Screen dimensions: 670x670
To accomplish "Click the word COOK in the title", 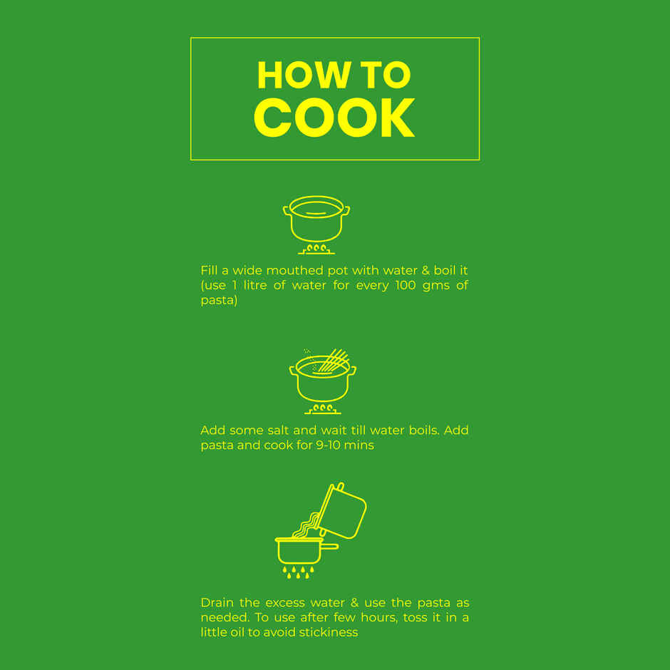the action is (334, 118).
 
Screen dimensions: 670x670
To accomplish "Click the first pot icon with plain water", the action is (316, 220).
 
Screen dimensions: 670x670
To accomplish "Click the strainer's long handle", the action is (330, 547).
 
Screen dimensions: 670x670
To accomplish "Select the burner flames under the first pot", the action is (316, 249).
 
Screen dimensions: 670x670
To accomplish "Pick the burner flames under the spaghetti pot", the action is (323, 409).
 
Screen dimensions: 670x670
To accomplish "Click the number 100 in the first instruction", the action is (406, 285).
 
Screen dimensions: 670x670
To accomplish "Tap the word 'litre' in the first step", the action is (255, 285).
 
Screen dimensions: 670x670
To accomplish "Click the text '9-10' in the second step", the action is (328, 445).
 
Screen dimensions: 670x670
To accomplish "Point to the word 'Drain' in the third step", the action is (217, 603).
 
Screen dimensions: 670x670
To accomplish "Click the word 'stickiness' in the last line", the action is (328, 632).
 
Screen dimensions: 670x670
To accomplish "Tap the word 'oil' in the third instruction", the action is (237, 632).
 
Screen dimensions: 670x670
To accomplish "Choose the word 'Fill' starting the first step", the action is (209, 270).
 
